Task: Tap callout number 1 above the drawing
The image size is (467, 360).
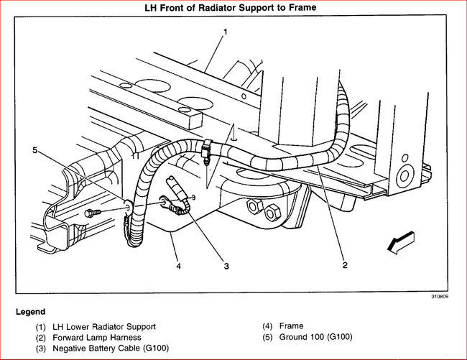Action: click(x=225, y=32)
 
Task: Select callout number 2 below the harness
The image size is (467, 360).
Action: click(x=345, y=265)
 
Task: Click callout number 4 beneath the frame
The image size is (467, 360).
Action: click(x=179, y=265)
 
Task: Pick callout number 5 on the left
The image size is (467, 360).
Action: click(x=34, y=150)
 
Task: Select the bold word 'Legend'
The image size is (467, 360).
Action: click(x=30, y=312)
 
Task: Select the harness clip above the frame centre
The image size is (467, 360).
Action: click(x=208, y=150)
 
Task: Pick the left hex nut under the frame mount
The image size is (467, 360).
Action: click(x=254, y=207)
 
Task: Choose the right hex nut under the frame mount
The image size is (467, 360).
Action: click(x=273, y=213)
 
